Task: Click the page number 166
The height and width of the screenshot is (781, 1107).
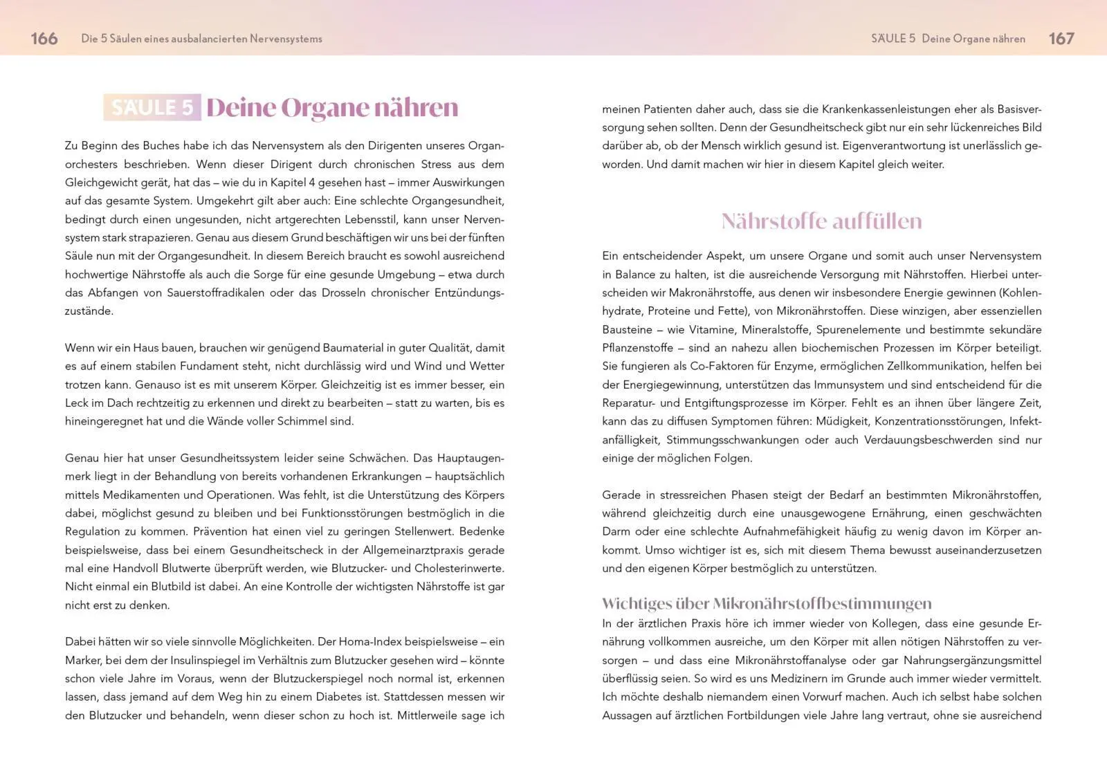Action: point(44,39)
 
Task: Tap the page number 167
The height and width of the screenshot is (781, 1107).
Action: point(1061,39)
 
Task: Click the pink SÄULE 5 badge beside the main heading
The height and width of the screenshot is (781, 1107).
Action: point(152,107)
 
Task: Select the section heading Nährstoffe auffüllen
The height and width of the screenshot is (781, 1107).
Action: point(821,221)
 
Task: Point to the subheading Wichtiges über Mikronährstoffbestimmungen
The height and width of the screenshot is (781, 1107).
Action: point(767,603)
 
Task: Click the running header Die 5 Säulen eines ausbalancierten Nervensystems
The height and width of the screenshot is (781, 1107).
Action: point(201,39)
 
